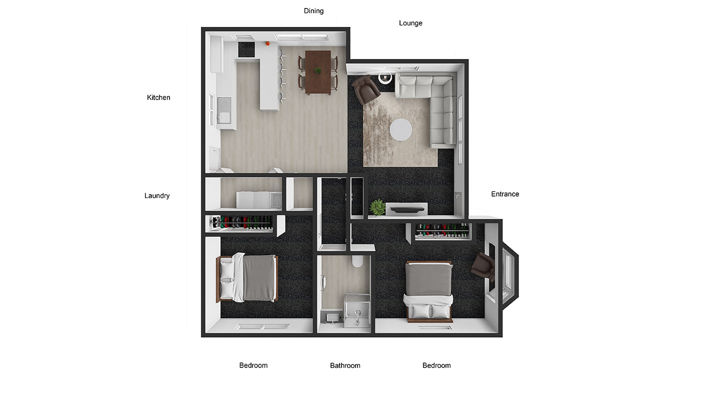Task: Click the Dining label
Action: pos(313,11)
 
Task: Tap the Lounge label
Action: pos(410,23)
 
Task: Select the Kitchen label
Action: pos(158,97)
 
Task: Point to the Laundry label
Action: pos(157,196)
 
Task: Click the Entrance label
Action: pos(505,194)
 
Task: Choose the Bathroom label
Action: pos(345,365)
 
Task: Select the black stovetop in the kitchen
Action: pos(246,49)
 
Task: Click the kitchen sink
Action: pos(224,110)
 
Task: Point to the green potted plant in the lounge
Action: pos(377,207)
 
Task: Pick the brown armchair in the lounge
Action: pos(366,89)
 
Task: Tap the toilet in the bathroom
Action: pos(357,261)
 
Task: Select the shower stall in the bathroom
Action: pos(357,310)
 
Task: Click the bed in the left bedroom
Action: pos(247,277)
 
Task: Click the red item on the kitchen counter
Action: pos(267,43)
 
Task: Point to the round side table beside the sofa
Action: pos(385,77)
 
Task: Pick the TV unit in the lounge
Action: pos(406,209)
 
